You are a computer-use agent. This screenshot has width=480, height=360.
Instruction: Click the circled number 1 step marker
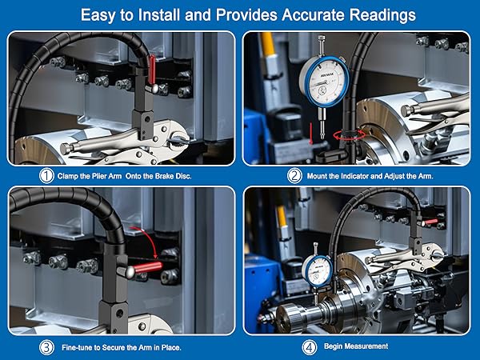pos(49,176)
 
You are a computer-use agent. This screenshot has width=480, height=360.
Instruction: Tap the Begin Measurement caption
pos(358,346)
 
